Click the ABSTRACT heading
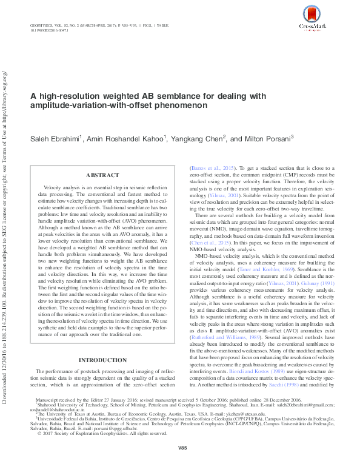click(x=102, y=175)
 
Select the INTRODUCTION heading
click(x=101, y=360)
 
